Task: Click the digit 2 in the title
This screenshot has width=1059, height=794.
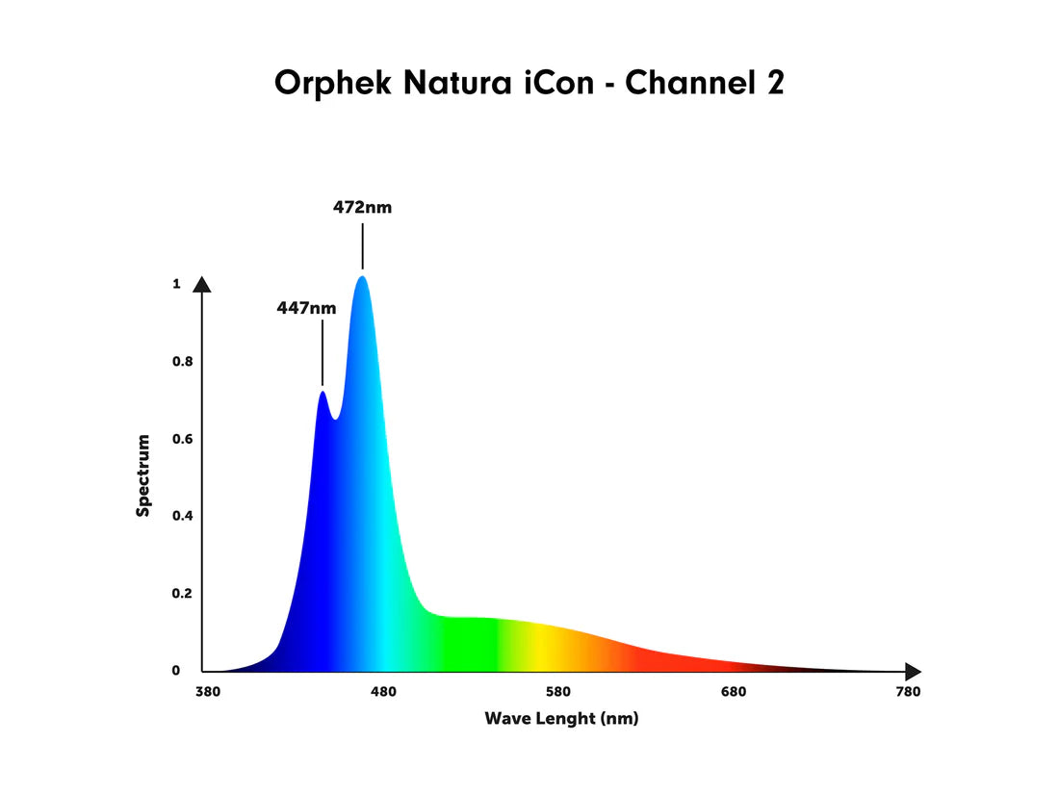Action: pyautogui.click(x=774, y=83)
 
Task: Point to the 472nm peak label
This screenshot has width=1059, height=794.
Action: pyautogui.click(x=363, y=207)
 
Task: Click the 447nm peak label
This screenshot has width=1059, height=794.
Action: pyautogui.click(x=306, y=309)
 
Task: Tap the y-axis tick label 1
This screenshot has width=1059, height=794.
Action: pyautogui.click(x=176, y=284)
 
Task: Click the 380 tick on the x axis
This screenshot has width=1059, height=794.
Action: pyautogui.click(x=209, y=692)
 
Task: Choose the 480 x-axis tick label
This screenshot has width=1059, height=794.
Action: pyautogui.click(x=383, y=692)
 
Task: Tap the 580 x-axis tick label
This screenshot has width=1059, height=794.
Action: pyautogui.click(x=558, y=692)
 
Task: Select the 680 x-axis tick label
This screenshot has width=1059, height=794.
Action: pyautogui.click(x=734, y=692)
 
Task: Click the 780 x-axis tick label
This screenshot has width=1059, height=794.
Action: pyautogui.click(x=907, y=692)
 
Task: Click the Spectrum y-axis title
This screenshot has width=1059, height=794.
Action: pyautogui.click(x=143, y=475)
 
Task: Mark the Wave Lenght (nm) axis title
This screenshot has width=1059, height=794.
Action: pyautogui.click(x=561, y=719)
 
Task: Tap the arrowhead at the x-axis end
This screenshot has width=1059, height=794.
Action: pyautogui.click(x=913, y=671)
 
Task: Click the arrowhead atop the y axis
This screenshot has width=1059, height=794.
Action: pyautogui.click(x=202, y=284)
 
